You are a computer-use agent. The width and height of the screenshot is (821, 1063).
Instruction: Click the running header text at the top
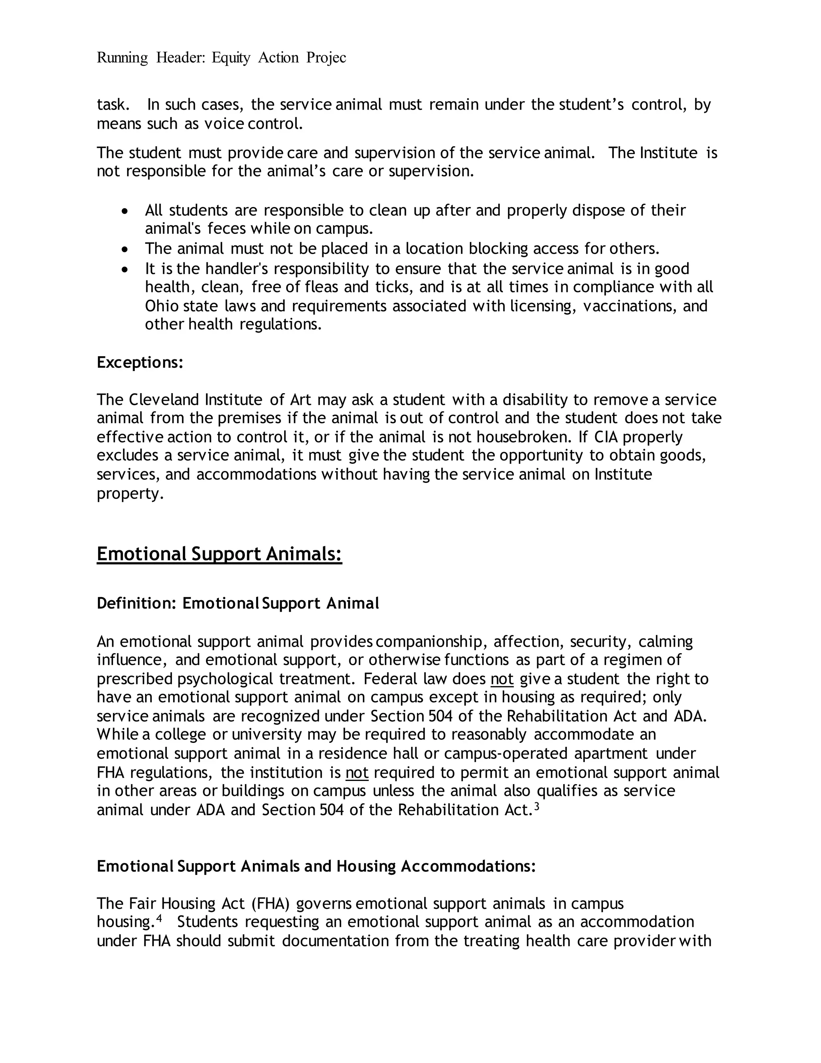click(221, 58)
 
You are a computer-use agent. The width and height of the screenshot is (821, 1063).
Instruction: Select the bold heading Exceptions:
click(140, 363)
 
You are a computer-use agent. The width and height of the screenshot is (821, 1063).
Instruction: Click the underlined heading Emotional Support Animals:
click(219, 554)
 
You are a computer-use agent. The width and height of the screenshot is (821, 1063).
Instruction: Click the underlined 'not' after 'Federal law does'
click(502, 679)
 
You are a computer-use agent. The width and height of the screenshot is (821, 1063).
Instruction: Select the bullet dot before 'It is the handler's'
click(125, 269)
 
